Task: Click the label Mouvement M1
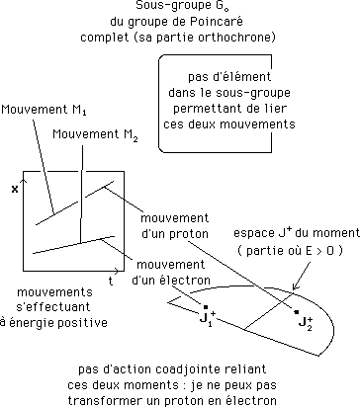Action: [x=44, y=110]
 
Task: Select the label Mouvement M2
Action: [x=95, y=134]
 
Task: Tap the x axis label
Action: [x=15, y=190]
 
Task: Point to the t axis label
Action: [x=111, y=281]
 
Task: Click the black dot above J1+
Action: [x=205, y=306]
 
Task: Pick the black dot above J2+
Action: [x=297, y=312]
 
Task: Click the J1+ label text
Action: [x=208, y=318]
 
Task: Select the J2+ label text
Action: [x=306, y=323]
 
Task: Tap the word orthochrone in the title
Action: [x=236, y=37]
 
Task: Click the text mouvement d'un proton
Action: [x=175, y=226]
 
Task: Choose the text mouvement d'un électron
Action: [x=171, y=273]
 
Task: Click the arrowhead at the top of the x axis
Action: [x=23, y=181]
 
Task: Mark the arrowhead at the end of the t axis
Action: [x=118, y=271]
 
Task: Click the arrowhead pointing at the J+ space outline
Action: [x=295, y=286]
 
